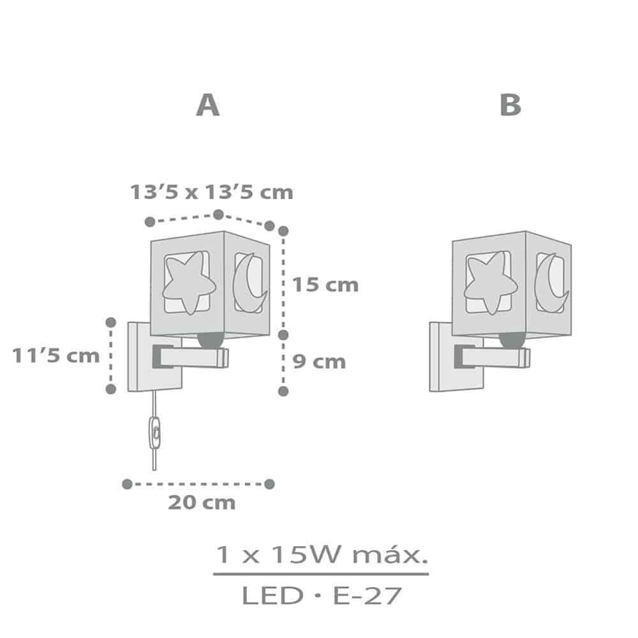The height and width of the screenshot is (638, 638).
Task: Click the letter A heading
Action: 208,105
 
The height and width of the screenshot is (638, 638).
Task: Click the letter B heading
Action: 510,105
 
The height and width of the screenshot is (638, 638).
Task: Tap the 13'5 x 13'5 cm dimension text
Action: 212,192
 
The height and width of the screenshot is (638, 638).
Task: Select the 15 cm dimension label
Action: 325,285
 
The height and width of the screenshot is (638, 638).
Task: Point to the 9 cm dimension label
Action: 319,361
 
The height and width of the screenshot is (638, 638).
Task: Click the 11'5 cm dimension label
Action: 56,355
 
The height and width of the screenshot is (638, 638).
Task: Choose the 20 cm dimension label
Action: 202,503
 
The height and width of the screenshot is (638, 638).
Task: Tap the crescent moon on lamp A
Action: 248,283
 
